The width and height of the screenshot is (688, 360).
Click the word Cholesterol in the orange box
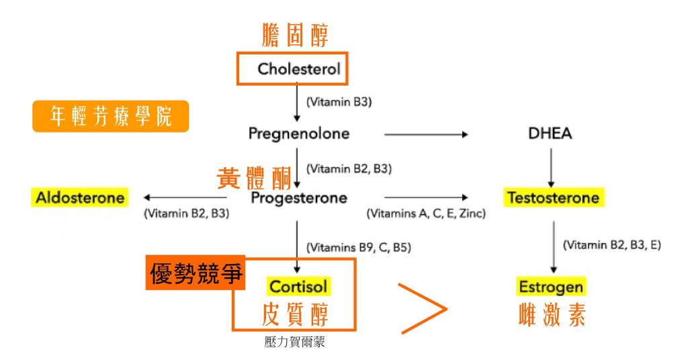(x=295, y=69)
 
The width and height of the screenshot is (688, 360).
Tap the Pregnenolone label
(x=299, y=134)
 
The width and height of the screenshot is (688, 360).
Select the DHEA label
(x=550, y=134)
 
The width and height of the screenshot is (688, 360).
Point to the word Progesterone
(x=299, y=198)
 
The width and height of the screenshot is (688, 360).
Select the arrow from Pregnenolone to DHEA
(x=425, y=134)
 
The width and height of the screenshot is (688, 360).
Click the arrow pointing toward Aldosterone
(x=185, y=197)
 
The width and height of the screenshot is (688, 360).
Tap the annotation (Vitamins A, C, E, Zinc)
(x=426, y=215)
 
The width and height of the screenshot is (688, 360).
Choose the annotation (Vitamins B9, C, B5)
(x=358, y=247)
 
